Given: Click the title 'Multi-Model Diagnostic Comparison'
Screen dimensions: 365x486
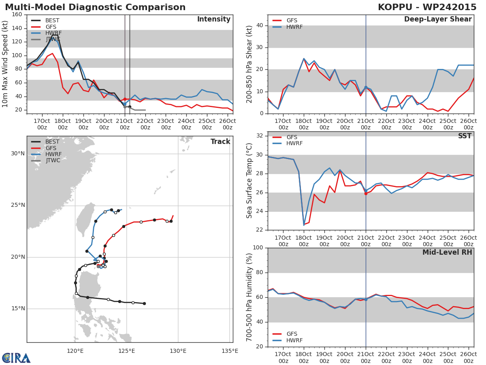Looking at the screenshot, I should (95, 7).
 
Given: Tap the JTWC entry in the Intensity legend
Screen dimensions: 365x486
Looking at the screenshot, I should (53, 39).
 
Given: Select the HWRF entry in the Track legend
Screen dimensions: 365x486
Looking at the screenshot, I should (53, 154).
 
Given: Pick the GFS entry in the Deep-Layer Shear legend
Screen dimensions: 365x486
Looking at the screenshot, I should (292, 20).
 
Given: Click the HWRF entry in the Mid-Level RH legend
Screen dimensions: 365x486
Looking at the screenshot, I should (294, 340).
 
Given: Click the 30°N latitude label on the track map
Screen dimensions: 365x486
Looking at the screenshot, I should (18, 153).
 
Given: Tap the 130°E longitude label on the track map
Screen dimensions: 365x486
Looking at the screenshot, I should (178, 351).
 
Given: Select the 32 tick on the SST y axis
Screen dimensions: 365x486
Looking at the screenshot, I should (260, 135).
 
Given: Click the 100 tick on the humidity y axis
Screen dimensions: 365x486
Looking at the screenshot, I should (258, 248).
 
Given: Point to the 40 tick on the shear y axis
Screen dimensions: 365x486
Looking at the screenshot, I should (260, 26).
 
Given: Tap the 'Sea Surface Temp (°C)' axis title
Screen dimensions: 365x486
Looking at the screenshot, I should (249, 180).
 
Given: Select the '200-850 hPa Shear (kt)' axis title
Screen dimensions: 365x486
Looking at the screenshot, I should (249, 64).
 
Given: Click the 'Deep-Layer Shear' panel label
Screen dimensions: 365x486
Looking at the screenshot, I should (438, 19).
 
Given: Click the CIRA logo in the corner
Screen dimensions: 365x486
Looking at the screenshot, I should (16, 358).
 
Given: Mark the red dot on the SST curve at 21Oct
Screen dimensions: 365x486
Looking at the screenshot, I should (366, 193).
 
